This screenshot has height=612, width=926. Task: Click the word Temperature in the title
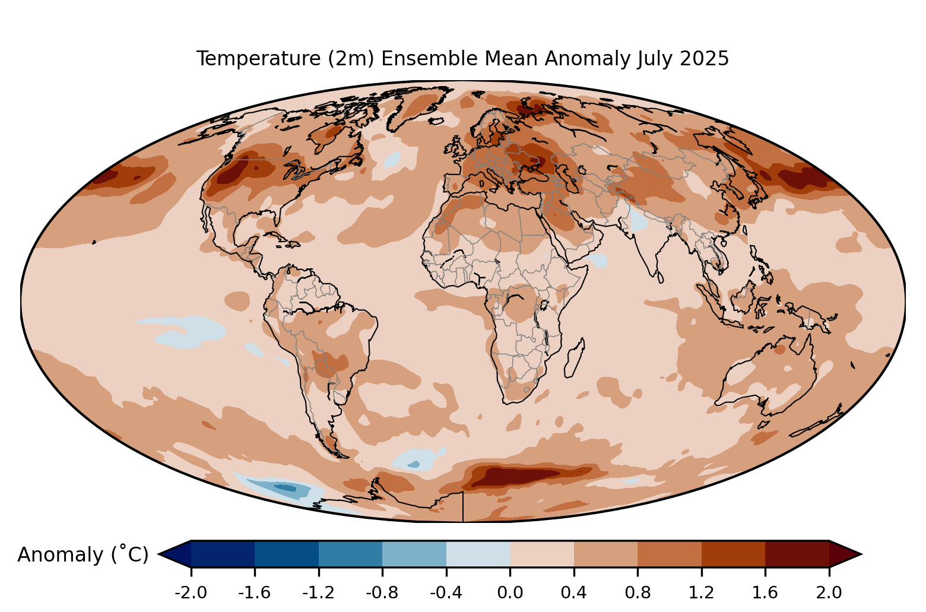pyautogui.click(x=258, y=59)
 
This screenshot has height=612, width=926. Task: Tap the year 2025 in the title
pyautogui.click(x=705, y=58)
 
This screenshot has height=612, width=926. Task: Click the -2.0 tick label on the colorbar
pyautogui.click(x=191, y=592)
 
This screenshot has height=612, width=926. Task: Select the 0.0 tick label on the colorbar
pyautogui.click(x=510, y=592)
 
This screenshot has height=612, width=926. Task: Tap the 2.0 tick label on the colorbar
pyautogui.click(x=829, y=592)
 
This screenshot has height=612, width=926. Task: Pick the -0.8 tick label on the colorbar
pyautogui.click(x=382, y=592)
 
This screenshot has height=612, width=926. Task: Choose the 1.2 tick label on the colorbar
pyautogui.click(x=702, y=592)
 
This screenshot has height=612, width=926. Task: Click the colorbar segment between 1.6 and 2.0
pyautogui.click(x=797, y=554)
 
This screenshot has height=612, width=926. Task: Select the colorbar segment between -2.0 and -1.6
pyautogui.click(x=223, y=554)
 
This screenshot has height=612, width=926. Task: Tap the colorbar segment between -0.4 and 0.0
pyautogui.click(x=478, y=554)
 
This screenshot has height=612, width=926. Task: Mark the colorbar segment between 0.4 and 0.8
pyautogui.click(x=605, y=554)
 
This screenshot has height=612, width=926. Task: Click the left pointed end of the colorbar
pyautogui.click(x=159, y=554)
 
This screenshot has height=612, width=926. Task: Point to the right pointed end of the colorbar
pyautogui.click(x=861, y=554)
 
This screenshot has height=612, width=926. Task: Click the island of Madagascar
pyautogui.click(x=575, y=358)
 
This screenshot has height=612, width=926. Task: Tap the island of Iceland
pyautogui.click(x=437, y=121)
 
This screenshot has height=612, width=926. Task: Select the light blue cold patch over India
pyautogui.click(x=639, y=219)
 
